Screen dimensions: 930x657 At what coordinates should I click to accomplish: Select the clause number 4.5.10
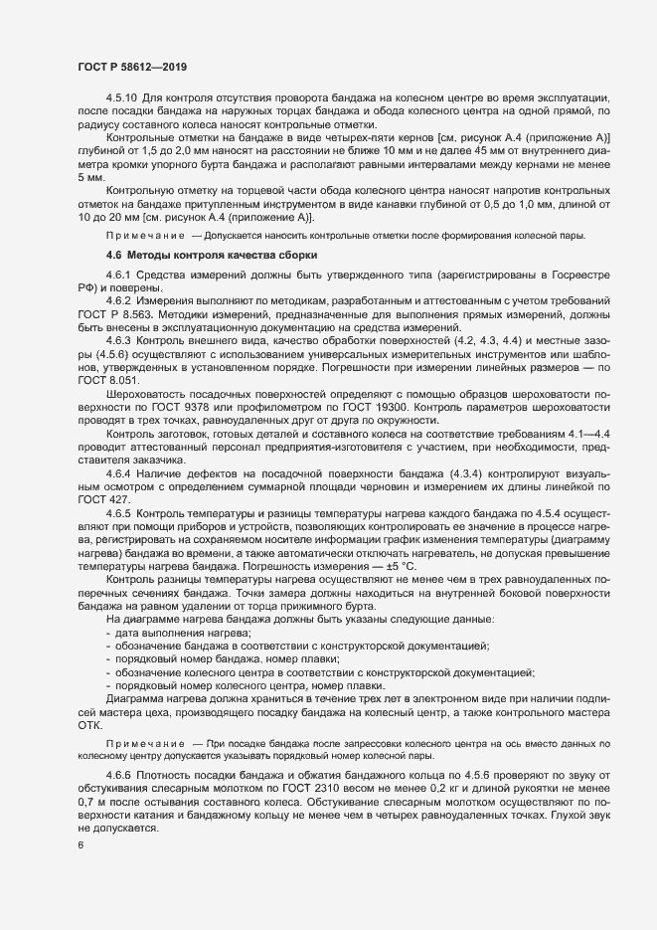[122, 100]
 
